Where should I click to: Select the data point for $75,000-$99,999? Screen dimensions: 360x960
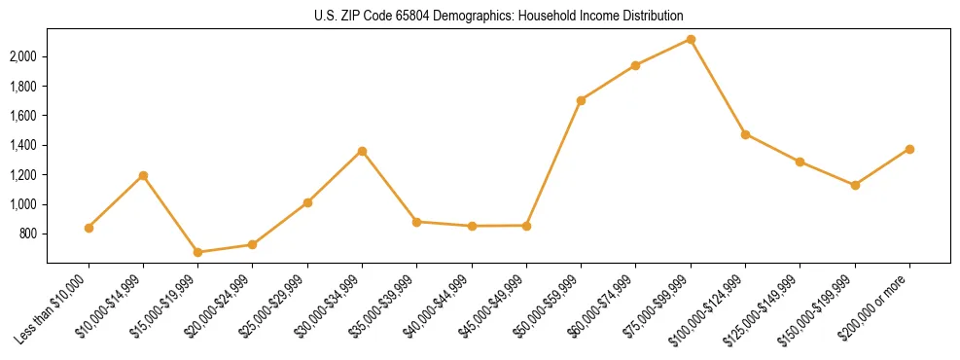pyautogui.click(x=691, y=39)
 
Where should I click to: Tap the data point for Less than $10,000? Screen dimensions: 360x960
pyautogui.click(x=89, y=228)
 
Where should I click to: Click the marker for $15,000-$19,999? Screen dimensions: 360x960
pyautogui.click(x=198, y=252)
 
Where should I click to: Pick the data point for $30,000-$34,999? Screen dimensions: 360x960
pyautogui.click(x=362, y=151)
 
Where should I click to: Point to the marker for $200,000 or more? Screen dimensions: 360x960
pyautogui.click(x=909, y=149)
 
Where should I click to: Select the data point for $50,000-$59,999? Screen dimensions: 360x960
pyautogui.click(x=581, y=100)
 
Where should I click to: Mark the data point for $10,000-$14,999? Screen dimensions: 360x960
pyautogui.click(x=143, y=175)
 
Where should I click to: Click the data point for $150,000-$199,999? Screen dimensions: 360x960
pyautogui.click(x=855, y=185)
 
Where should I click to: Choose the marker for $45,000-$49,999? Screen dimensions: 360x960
pyautogui.click(x=526, y=226)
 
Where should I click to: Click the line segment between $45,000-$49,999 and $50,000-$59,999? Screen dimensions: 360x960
pyautogui.click(x=553, y=162)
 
